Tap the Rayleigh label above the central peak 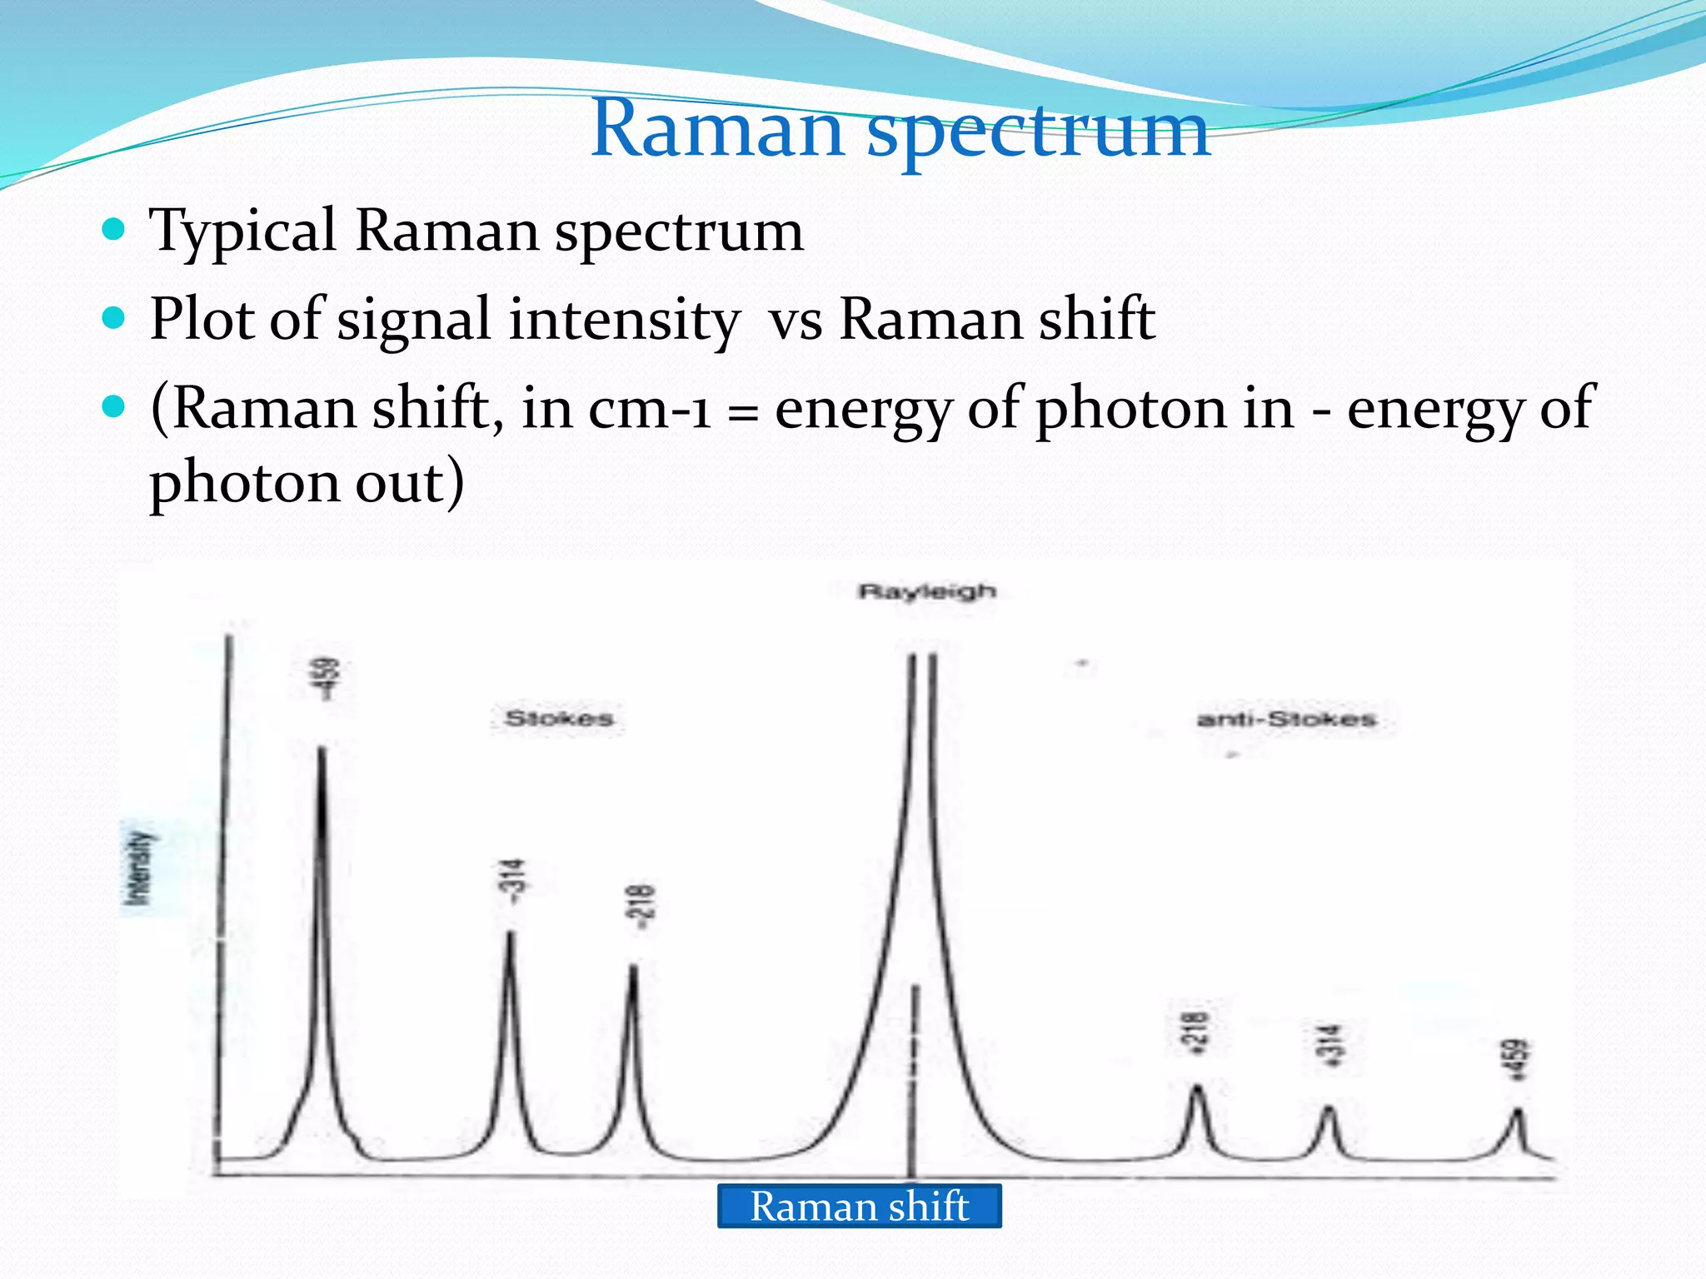click(927, 591)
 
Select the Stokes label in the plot click(559, 718)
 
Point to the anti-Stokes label click(1286, 719)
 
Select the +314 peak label click(1331, 1046)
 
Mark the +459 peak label click(1519, 1060)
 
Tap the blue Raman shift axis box click(859, 1206)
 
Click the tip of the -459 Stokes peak click(322, 749)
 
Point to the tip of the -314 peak click(510, 933)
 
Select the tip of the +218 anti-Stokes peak click(1197, 1087)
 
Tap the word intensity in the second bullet click(625, 319)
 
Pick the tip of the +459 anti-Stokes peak click(1518, 1110)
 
